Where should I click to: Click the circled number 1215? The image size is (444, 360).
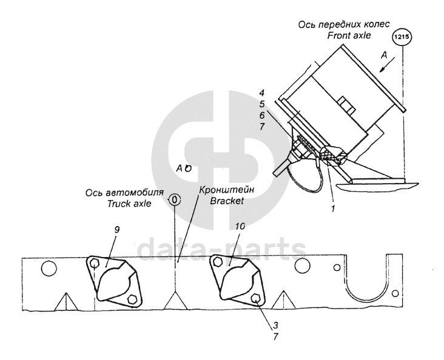(403, 38)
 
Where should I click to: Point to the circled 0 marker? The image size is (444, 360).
(175, 199)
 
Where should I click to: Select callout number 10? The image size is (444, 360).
(239, 226)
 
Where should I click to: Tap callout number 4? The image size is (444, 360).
(261, 93)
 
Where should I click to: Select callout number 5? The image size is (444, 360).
(261, 104)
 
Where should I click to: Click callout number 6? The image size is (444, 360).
(261, 115)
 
